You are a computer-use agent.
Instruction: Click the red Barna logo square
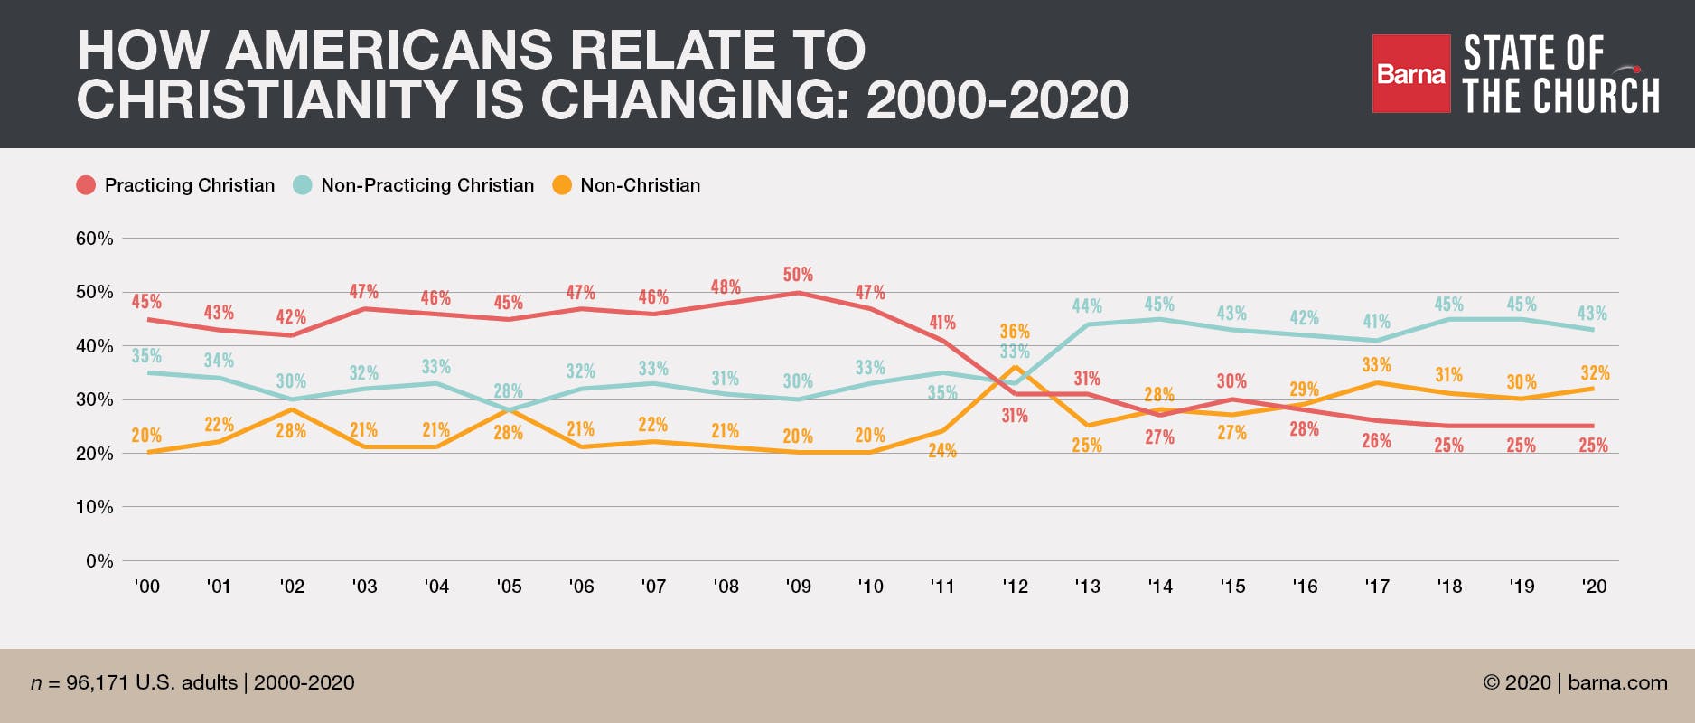coord(1410,74)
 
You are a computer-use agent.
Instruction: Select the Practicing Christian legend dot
coord(86,185)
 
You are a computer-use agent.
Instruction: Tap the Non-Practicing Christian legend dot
coord(303,185)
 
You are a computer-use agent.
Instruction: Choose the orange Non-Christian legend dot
coord(562,185)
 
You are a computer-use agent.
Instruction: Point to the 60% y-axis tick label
coord(94,239)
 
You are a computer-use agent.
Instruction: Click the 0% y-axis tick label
coord(99,561)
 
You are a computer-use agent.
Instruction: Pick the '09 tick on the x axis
coord(798,587)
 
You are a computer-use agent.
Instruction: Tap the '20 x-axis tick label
coord(1594,587)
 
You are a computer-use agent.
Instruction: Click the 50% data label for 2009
coord(798,274)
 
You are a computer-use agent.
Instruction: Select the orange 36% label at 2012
coord(1015,331)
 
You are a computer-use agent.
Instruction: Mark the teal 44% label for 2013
coord(1087,306)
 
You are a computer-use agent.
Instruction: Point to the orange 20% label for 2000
coord(146,436)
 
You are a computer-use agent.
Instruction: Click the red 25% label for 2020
coord(1593,445)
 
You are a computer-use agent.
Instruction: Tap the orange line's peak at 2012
coord(1015,367)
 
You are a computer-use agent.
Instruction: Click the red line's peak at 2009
coord(798,293)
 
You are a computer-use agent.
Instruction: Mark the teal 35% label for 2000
coord(146,355)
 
